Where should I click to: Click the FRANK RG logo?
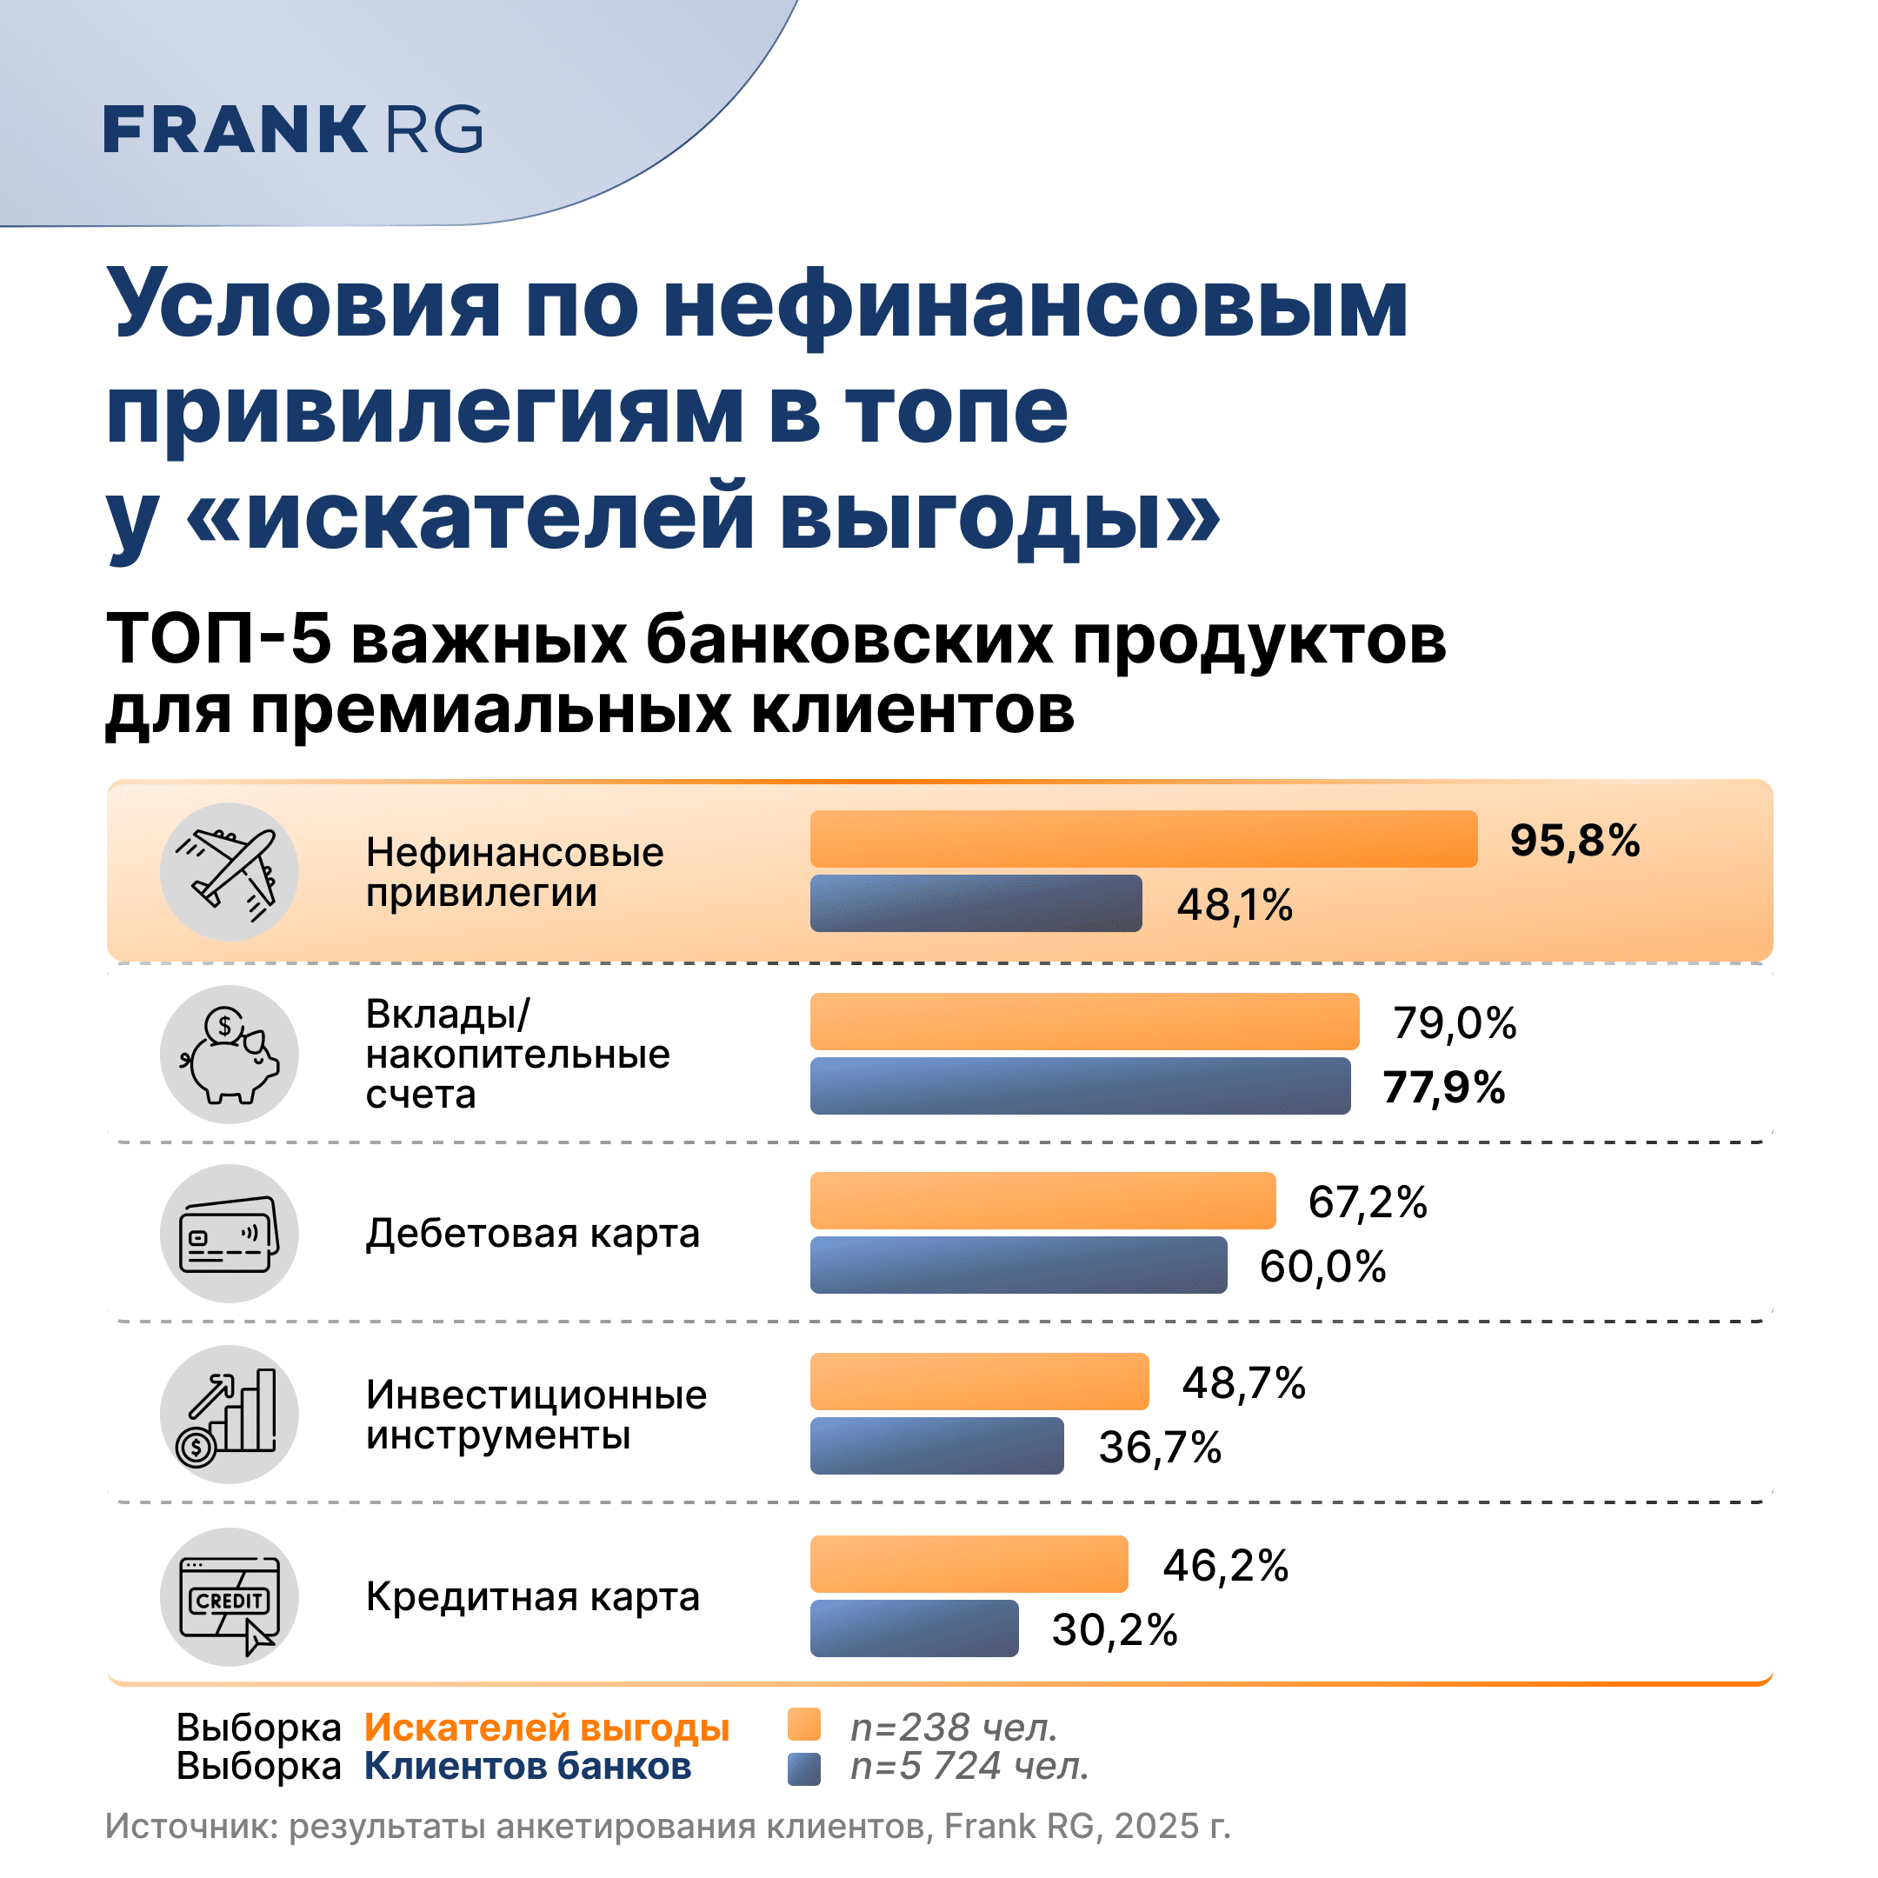click(x=293, y=130)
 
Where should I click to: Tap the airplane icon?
click(x=230, y=872)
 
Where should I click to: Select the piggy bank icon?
click(x=230, y=1055)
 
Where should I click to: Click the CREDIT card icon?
click(x=230, y=1597)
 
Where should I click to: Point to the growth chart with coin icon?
click(x=230, y=1415)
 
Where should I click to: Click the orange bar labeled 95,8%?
click(x=1143, y=839)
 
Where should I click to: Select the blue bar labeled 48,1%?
click(x=976, y=903)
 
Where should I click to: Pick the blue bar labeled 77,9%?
click(x=1080, y=1086)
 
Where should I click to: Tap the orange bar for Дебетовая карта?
click(x=1043, y=1201)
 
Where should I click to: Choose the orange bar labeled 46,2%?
click(x=969, y=1564)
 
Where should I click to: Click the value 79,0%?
click(x=1455, y=1023)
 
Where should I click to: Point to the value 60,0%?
click(x=1323, y=1267)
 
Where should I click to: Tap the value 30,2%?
click(x=1115, y=1630)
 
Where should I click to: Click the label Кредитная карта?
click(x=533, y=1597)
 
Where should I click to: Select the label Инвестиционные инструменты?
click(x=536, y=1415)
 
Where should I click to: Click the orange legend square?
click(x=804, y=1724)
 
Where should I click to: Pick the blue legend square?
click(x=804, y=1769)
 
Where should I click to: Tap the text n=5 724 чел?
click(x=969, y=1766)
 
